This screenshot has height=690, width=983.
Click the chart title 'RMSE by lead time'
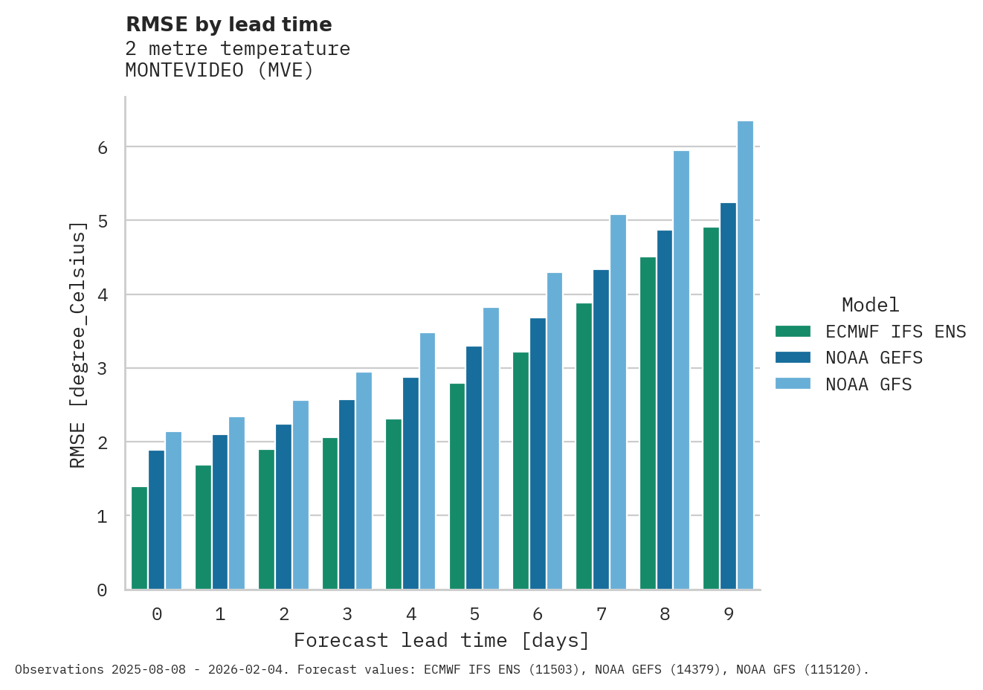pyautogui.click(x=228, y=25)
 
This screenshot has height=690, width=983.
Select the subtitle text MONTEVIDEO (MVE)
pyautogui.click(x=219, y=71)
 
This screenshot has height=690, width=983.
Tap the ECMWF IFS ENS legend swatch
pyautogui.click(x=793, y=332)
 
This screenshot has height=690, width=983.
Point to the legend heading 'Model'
pyautogui.click(x=870, y=305)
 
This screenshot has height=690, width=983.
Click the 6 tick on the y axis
pyautogui.click(x=102, y=148)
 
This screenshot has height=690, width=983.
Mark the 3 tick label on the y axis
pyautogui.click(x=102, y=369)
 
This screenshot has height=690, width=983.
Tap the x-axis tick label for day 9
pyautogui.click(x=728, y=614)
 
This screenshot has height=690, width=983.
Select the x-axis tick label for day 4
pyautogui.click(x=411, y=614)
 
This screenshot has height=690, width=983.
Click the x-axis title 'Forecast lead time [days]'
pyautogui.click(x=442, y=640)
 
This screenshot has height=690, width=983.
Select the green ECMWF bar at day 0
pyautogui.click(x=139, y=538)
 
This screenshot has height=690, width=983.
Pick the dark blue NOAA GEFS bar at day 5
pyautogui.click(x=474, y=468)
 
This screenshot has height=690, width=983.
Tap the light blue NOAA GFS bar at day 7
pyautogui.click(x=618, y=402)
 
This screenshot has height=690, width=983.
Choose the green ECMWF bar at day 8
pyautogui.click(x=648, y=423)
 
